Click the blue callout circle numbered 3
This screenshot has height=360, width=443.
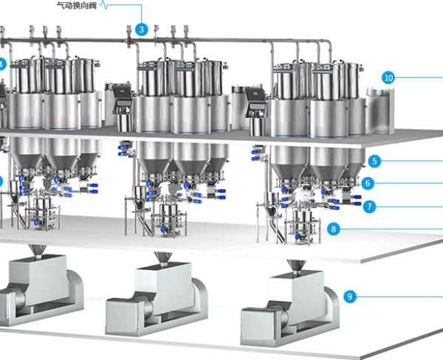pyautogui.click(x=141, y=30)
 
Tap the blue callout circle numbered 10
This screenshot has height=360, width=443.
pyautogui.click(x=388, y=77)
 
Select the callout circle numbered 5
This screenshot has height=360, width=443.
pyautogui.click(x=374, y=162)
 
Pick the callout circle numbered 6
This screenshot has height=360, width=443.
pyautogui.click(x=368, y=183)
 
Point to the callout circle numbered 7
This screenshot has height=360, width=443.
pyautogui.click(x=369, y=207)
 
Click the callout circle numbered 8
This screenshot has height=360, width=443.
pyautogui.click(x=334, y=229)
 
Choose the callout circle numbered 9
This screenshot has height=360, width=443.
pyautogui.click(x=350, y=297)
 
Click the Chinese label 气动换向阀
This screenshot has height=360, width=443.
pyautogui.click(x=77, y=5)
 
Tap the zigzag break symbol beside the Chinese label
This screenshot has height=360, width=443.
pyautogui.click(x=104, y=5)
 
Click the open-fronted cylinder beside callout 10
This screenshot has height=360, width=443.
pyautogui.click(x=380, y=111)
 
